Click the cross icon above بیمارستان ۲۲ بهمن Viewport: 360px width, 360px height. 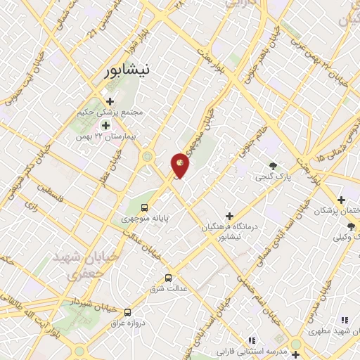click(x=106, y=125)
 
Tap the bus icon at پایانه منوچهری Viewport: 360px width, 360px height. click(x=144, y=207)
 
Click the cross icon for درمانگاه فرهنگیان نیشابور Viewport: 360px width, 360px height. click(x=229, y=215)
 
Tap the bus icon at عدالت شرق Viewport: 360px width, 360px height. click(x=167, y=278)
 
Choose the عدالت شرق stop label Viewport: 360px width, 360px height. click(x=167, y=289)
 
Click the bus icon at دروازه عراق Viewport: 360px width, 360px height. click(x=127, y=311)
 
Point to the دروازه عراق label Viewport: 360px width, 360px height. click(x=127, y=323)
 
